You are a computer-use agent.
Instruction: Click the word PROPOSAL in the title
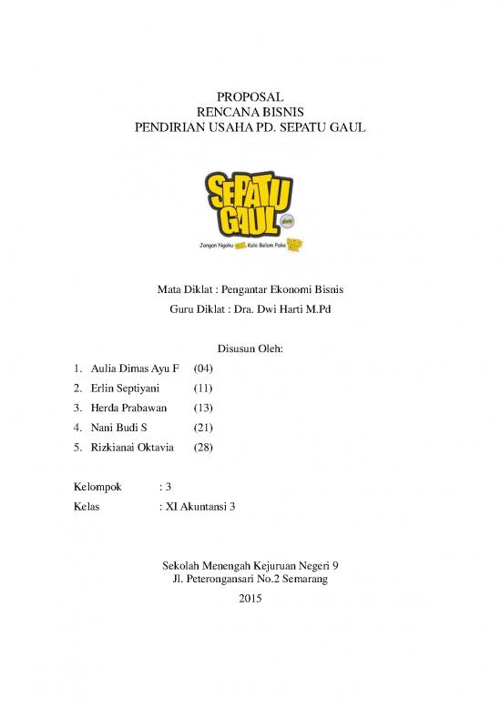click(x=250, y=96)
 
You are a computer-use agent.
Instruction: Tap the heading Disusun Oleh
click(x=250, y=348)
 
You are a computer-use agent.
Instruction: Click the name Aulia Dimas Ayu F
click(x=135, y=370)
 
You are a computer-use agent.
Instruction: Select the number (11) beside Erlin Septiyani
click(x=203, y=389)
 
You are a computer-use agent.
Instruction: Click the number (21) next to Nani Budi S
click(x=203, y=428)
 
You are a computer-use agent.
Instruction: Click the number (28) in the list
click(x=203, y=447)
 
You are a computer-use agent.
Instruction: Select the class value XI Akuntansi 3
click(x=199, y=507)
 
